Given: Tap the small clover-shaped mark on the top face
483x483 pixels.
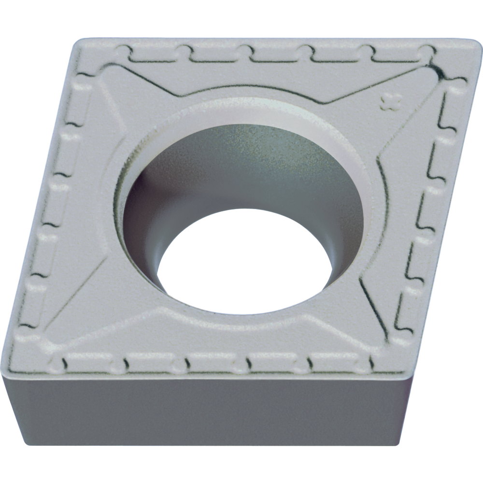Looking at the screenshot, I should pyautogui.click(x=392, y=102).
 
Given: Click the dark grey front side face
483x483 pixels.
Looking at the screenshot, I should pyautogui.click(x=208, y=411).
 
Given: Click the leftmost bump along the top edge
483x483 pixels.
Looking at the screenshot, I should pyautogui.click(x=127, y=50).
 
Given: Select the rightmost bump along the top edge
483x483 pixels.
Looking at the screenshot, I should pyautogui.click(x=427, y=51).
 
